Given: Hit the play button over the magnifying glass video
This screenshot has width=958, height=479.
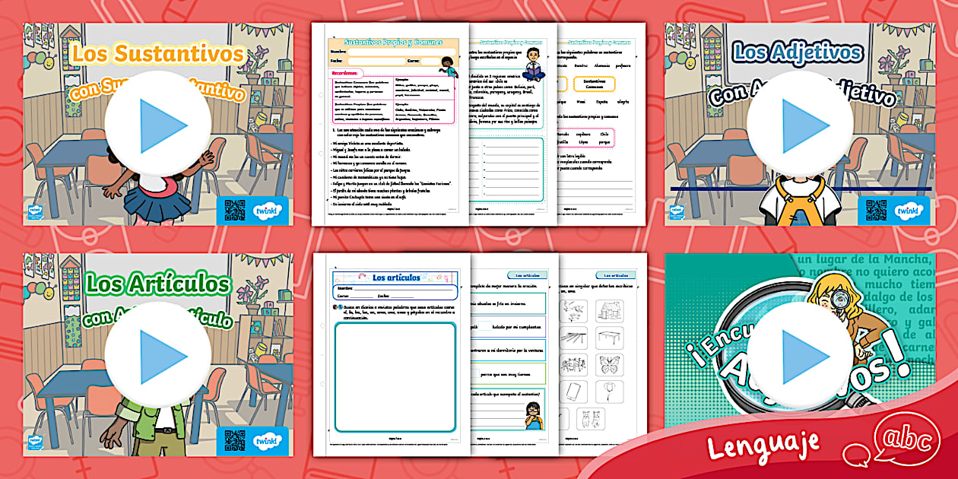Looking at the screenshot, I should click(795, 356).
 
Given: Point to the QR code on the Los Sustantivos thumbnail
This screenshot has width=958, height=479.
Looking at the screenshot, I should click(235, 209).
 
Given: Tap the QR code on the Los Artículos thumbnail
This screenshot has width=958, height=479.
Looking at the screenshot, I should click(235, 441).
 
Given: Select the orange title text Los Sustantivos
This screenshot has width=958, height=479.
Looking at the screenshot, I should click(158, 54).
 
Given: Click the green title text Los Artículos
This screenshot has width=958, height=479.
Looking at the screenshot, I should click(158, 284).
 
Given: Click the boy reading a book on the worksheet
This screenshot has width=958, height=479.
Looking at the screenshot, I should click(534, 64).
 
